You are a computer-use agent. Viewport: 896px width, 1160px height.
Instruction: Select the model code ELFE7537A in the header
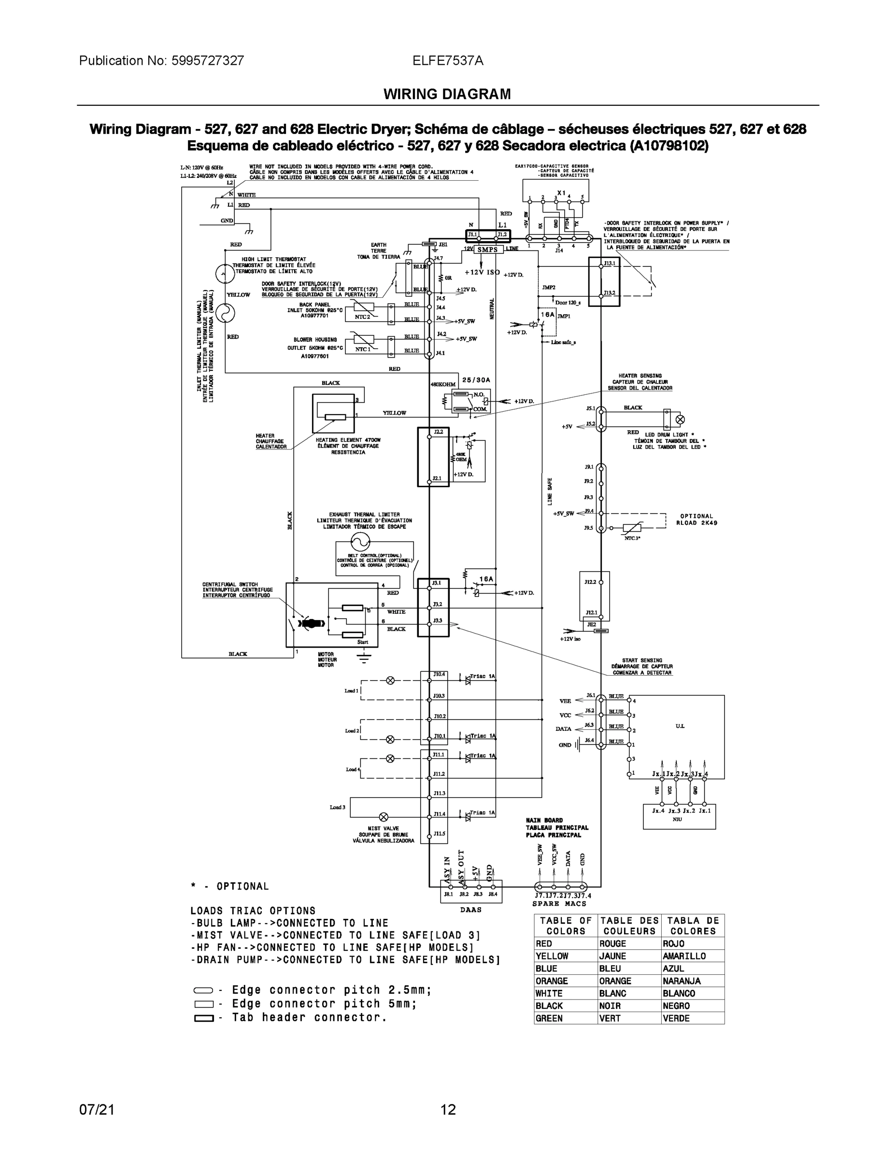coord(447,60)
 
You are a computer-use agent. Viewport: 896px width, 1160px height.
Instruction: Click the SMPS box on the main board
coord(487,249)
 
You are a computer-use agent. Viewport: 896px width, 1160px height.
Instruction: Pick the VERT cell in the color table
coord(610,1018)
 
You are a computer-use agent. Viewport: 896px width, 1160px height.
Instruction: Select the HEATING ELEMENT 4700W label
coord(348,440)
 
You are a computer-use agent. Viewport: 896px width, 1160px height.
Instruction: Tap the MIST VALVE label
coord(383,828)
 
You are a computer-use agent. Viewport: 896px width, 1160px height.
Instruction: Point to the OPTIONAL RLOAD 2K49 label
coord(697,520)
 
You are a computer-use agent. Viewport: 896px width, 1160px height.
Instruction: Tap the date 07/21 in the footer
coord(97,1110)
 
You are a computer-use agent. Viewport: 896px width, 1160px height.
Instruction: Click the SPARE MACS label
coord(559,903)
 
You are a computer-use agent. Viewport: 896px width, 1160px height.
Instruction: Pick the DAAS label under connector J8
coord(470,909)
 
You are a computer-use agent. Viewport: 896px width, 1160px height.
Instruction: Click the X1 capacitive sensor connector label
coord(561,193)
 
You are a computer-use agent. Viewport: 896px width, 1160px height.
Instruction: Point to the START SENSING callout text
coord(642,660)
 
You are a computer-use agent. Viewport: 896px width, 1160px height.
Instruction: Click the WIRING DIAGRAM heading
coord(447,94)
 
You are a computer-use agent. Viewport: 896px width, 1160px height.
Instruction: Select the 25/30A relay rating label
coord(476,380)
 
